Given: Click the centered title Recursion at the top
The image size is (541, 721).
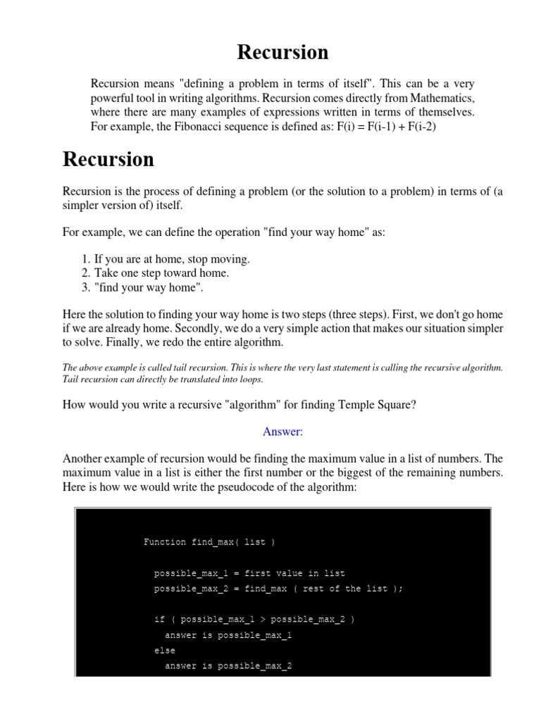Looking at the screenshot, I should [282, 52].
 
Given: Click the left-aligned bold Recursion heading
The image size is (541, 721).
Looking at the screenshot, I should [108, 159].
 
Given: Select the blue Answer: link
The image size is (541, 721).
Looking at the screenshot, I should [282, 431].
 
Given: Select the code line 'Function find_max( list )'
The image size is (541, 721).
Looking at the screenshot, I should [209, 542].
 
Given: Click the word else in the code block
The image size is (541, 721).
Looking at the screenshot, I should [165, 651].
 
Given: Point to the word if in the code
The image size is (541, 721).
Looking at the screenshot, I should [159, 620].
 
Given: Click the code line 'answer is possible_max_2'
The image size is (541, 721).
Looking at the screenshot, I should [228, 666].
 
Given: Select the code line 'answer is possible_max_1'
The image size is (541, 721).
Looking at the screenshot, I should [228, 635].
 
